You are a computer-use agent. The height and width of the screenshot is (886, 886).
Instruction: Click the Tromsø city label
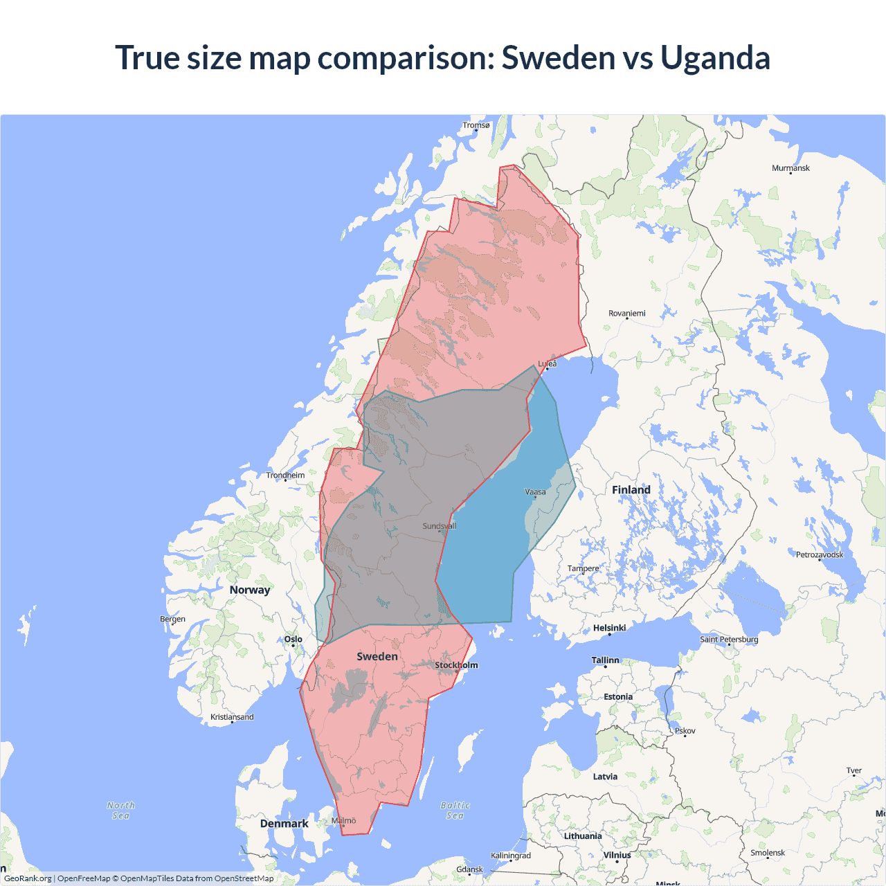click(x=476, y=125)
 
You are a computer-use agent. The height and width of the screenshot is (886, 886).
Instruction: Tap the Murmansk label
click(x=790, y=168)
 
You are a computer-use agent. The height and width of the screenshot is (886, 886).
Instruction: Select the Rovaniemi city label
click(x=626, y=314)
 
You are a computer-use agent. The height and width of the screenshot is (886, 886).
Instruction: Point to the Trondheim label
click(x=285, y=476)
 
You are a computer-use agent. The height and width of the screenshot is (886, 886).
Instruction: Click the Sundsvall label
click(x=440, y=526)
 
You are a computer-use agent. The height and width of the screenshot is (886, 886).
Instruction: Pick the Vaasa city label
click(x=535, y=492)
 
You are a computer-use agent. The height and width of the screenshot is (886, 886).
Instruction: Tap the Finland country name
click(x=631, y=490)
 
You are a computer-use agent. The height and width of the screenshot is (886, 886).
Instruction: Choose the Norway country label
click(x=250, y=590)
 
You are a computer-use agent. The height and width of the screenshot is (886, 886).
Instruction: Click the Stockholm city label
click(x=456, y=665)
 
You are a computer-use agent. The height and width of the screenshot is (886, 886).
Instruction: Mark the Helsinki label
click(x=609, y=628)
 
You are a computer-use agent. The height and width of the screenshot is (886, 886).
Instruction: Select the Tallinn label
click(x=605, y=660)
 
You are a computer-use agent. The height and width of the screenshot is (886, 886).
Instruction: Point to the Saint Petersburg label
click(x=729, y=639)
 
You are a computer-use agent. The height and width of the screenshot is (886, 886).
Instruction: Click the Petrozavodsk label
click(x=820, y=554)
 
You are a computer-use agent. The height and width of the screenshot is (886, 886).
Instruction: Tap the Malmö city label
click(x=343, y=821)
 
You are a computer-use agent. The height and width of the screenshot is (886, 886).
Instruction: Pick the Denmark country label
click(x=284, y=824)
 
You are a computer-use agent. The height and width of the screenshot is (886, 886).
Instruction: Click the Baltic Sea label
click(x=455, y=811)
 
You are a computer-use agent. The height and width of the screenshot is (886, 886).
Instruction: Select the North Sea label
click(x=121, y=811)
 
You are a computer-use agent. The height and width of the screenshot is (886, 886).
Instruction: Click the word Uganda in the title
click(x=714, y=57)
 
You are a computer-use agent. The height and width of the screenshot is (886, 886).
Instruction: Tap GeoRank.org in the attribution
click(x=28, y=878)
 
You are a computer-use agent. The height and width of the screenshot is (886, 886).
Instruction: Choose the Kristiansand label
click(x=232, y=717)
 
